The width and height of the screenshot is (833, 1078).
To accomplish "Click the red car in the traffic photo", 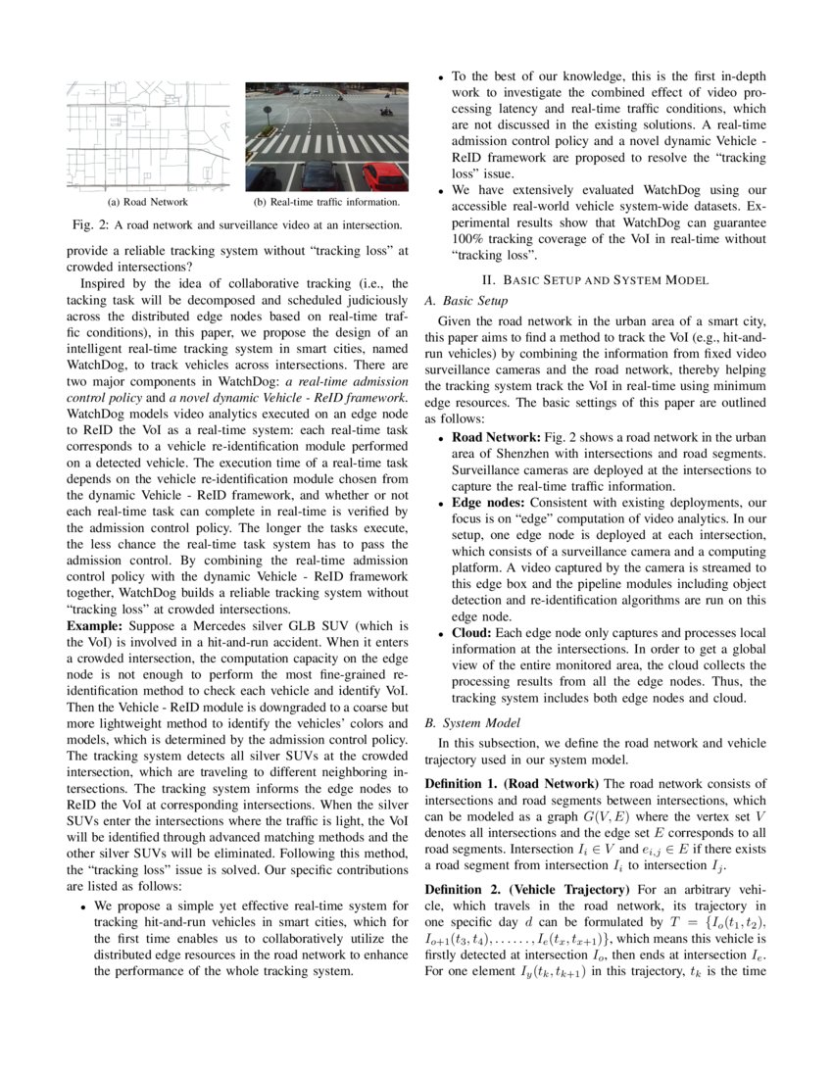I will point(383,176).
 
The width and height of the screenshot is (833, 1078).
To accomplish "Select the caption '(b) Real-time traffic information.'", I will point(326,203).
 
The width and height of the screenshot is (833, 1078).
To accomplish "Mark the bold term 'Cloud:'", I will point(472,633).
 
